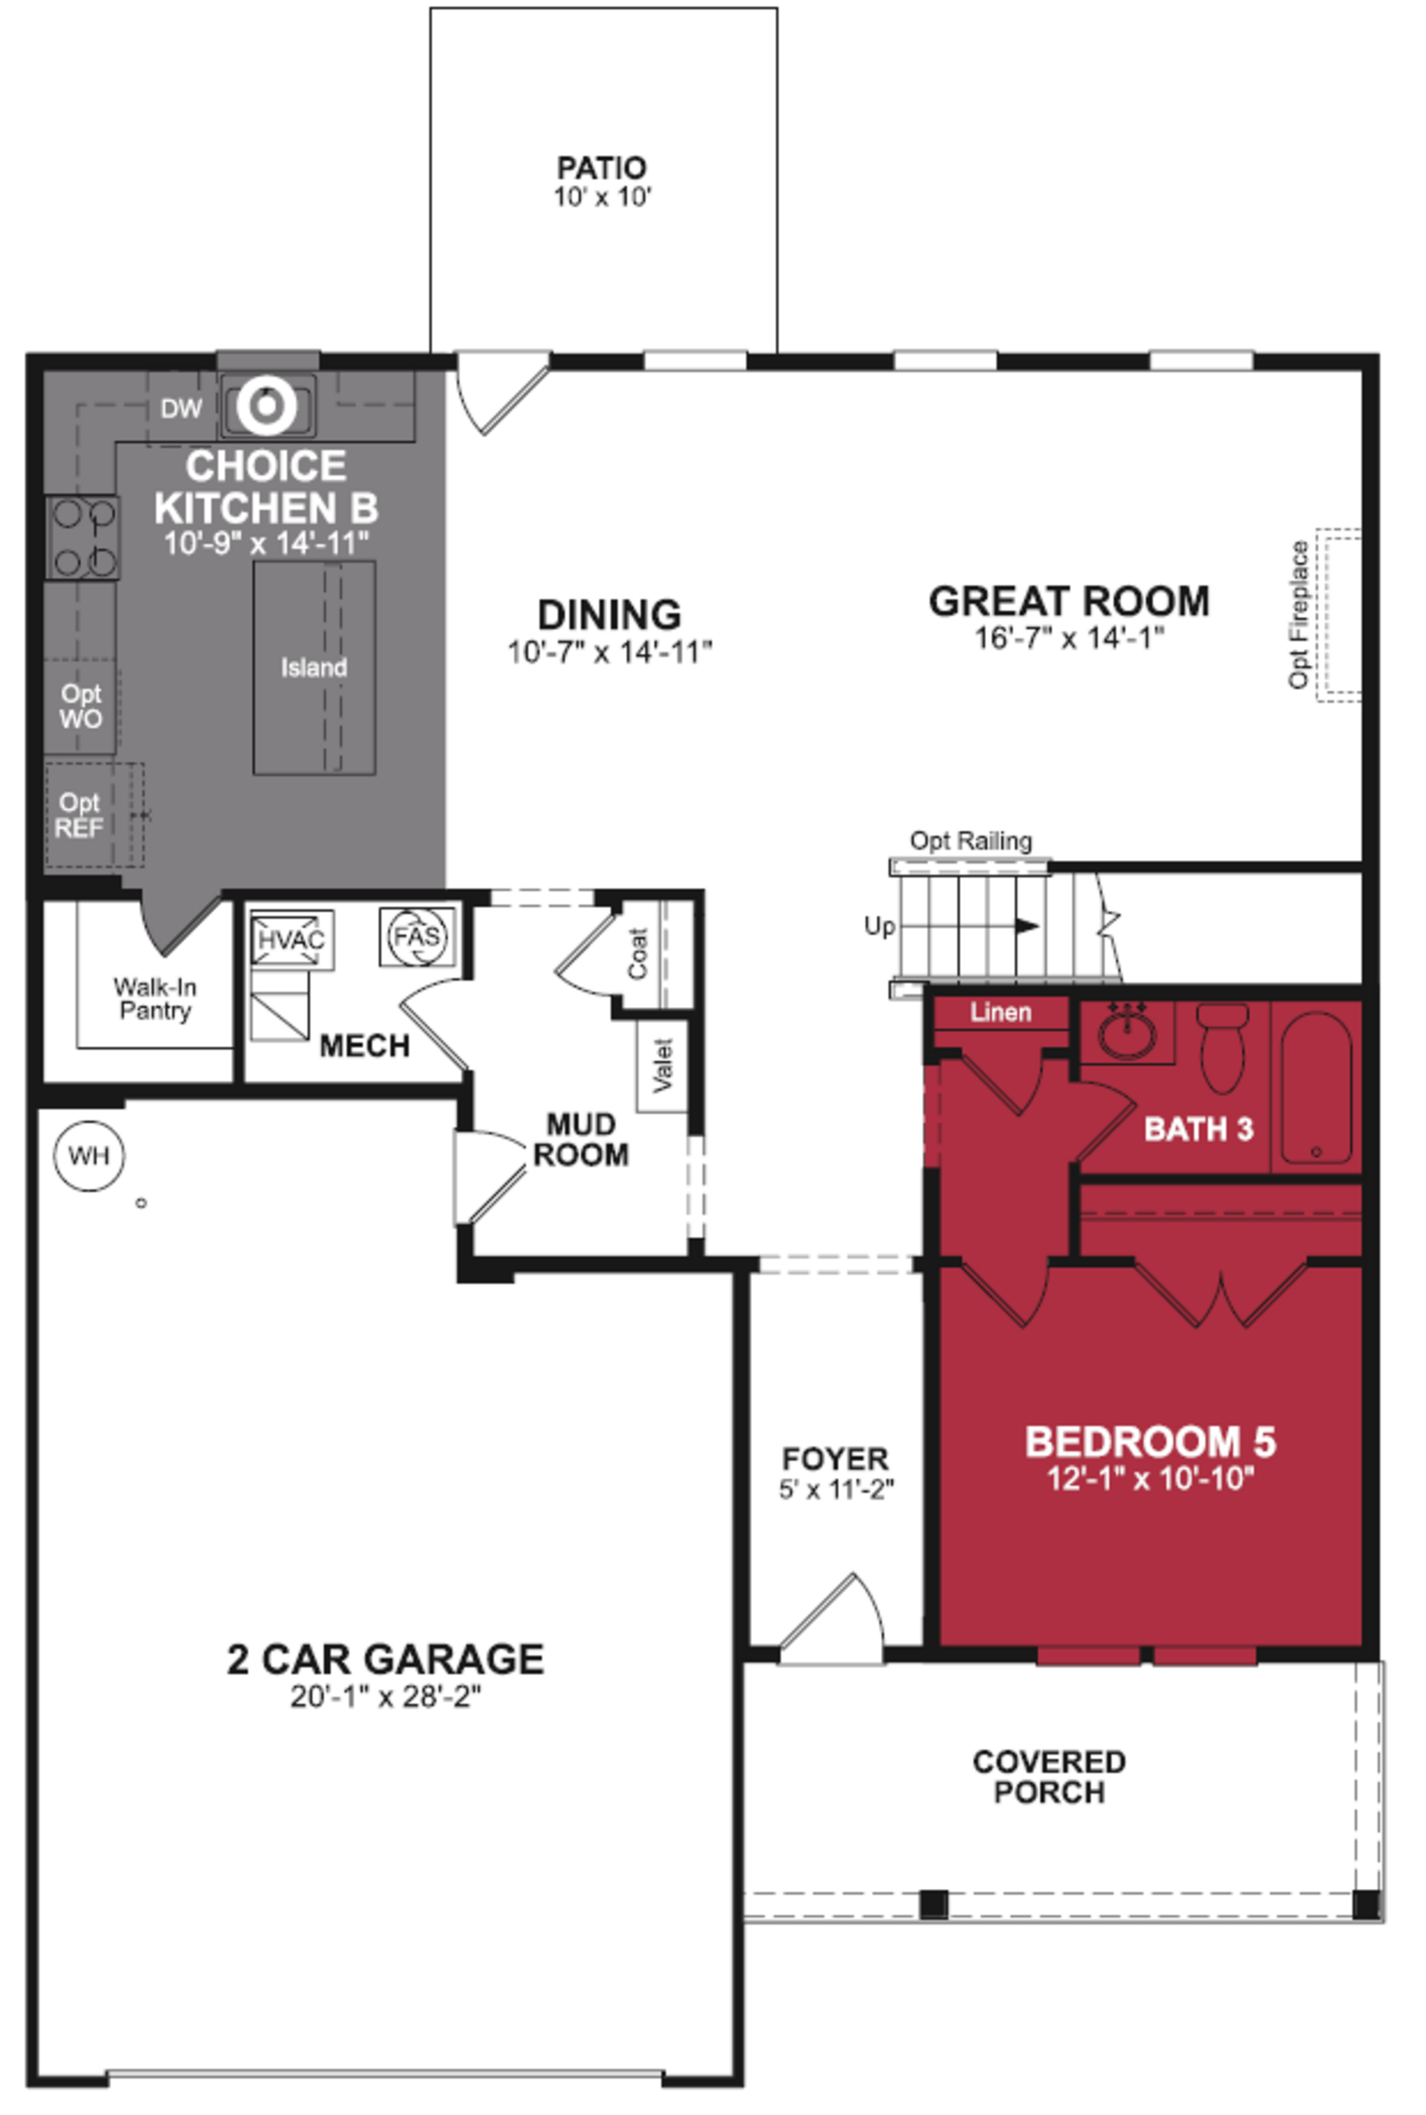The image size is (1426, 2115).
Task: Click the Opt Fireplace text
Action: [x=1299, y=615]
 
